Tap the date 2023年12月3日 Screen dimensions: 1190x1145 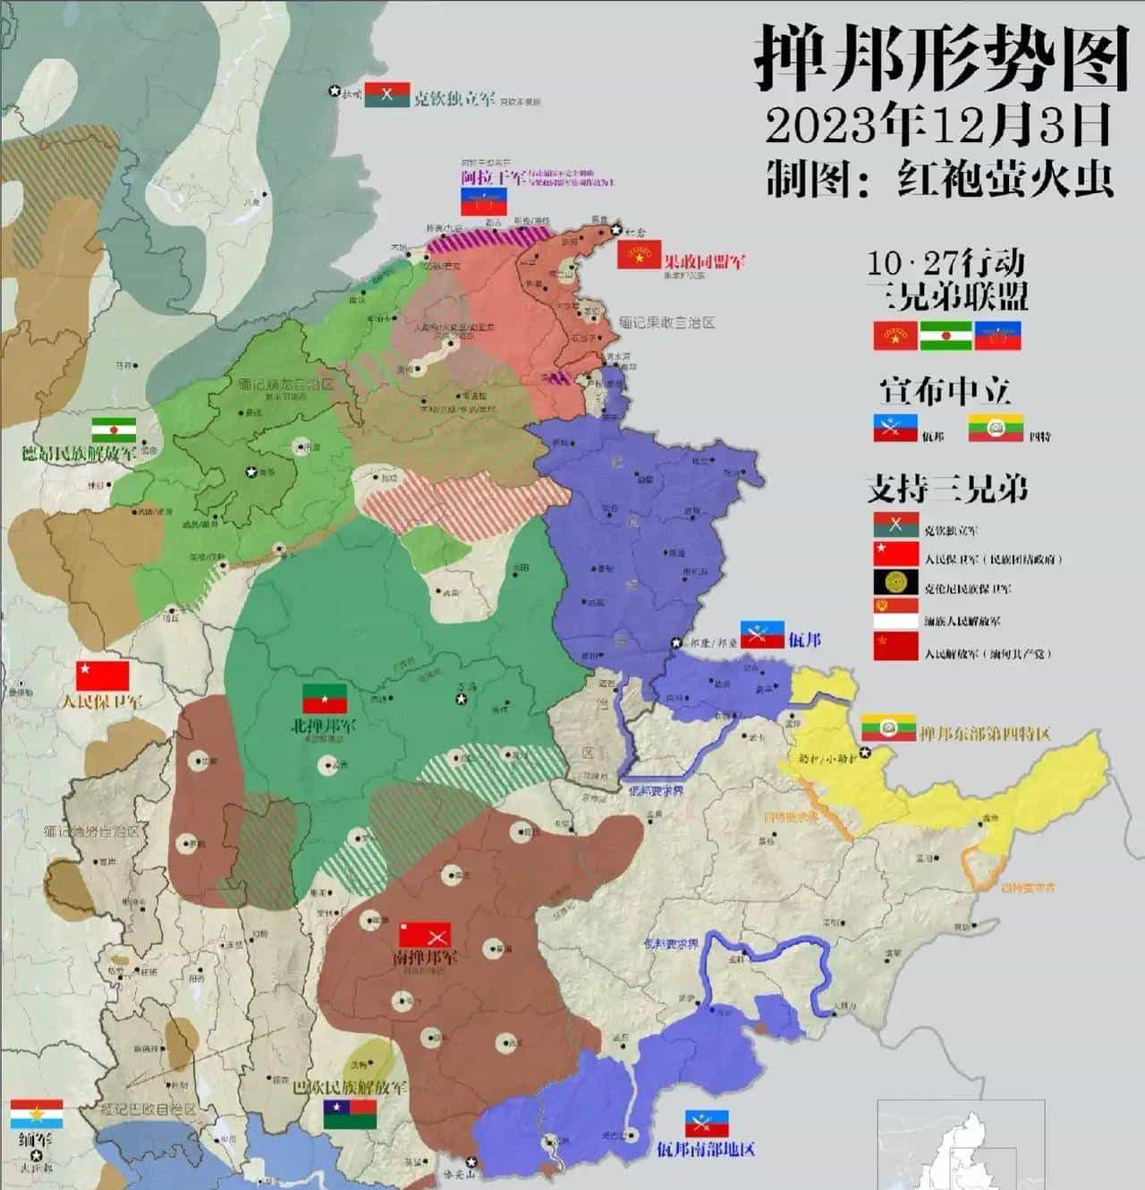(x=937, y=125)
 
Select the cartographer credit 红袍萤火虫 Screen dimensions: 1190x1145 (x=1005, y=178)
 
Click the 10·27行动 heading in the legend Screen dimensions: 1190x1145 (x=946, y=263)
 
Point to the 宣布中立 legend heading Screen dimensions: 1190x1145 (x=945, y=391)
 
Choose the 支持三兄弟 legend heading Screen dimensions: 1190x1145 (x=946, y=489)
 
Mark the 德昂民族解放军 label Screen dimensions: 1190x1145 (x=79, y=453)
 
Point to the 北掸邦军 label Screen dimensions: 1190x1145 (x=323, y=726)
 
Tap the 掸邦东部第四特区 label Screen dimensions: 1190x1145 (x=984, y=734)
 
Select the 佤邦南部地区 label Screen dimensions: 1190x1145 (x=706, y=1148)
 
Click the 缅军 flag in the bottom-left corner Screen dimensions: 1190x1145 (x=37, y=1115)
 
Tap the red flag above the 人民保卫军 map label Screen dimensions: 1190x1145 (x=103, y=676)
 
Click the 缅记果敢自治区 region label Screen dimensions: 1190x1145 (x=666, y=322)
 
